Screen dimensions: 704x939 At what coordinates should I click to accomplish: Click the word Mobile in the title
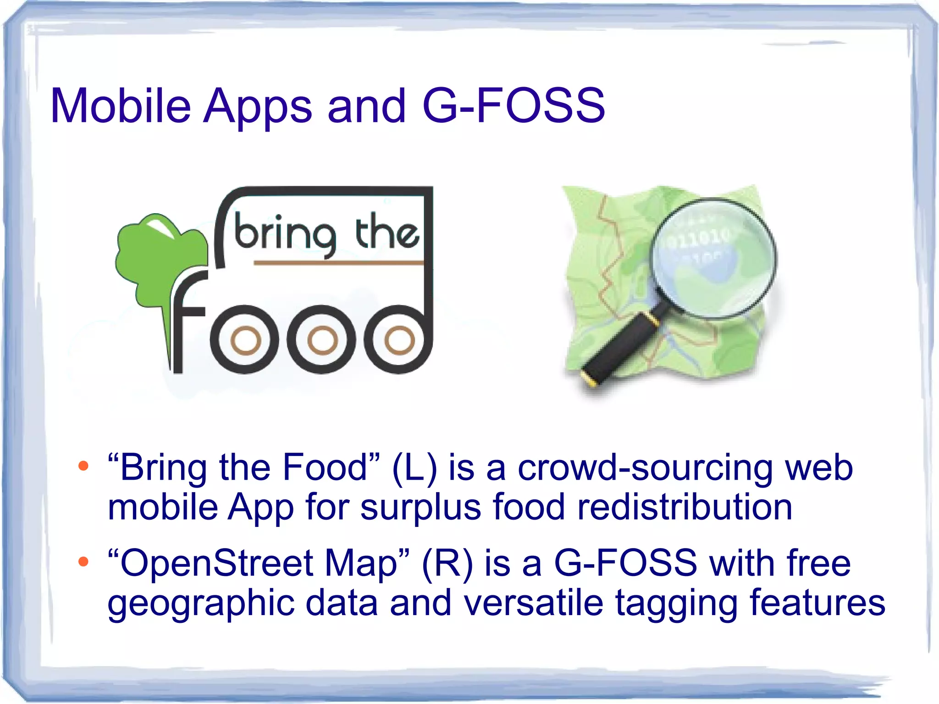tap(121, 106)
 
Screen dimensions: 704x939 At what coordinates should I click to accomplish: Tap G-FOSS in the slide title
tap(514, 106)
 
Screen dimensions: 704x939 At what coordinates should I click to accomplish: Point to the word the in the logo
tap(387, 232)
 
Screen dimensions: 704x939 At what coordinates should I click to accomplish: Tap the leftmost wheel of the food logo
tap(245, 340)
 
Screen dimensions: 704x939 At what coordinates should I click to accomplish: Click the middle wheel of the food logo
tap(321, 340)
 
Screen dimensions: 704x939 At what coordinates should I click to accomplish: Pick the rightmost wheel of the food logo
tap(398, 340)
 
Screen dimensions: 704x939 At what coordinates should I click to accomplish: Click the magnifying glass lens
tap(713, 257)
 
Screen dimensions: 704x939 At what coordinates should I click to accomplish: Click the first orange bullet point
tap(83, 466)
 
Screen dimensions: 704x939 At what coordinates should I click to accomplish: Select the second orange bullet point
tap(83, 561)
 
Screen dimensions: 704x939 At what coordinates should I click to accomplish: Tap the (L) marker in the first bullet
tap(414, 468)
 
